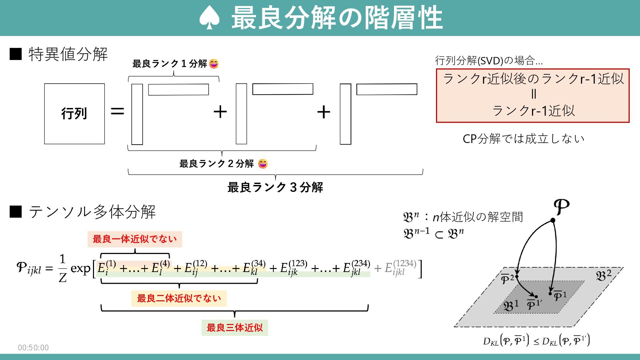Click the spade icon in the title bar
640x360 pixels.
pyautogui.click(x=209, y=18)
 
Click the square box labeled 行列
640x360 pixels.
pyautogui.click(x=74, y=114)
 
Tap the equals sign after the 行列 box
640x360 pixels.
pyautogui.click(x=117, y=111)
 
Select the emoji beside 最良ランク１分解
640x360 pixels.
pyautogui.click(x=214, y=63)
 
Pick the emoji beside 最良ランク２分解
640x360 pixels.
pyautogui.click(x=263, y=164)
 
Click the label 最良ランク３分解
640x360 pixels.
pyautogui.click(x=275, y=187)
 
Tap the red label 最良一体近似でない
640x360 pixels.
pyautogui.click(x=135, y=239)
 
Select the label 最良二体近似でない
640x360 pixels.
pyautogui.click(x=179, y=298)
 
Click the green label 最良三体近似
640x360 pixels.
pyautogui.click(x=235, y=328)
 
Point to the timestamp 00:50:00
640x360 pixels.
pyautogui.click(x=33, y=348)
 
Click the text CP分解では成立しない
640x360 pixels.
pyautogui.click(x=523, y=139)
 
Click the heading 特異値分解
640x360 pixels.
pyautogui.click(x=68, y=54)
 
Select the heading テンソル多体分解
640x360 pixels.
pyautogui.click(x=92, y=212)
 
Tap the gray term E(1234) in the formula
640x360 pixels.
pyautogui.click(x=400, y=268)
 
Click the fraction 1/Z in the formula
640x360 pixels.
pyautogui.click(x=62, y=268)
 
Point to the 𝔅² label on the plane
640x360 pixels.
pyautogui.click(x=603, y=275)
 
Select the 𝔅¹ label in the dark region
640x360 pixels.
pyautogui.click(x=511, y=305)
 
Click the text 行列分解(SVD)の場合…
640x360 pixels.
pyautogui.click(x=489, y=61)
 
